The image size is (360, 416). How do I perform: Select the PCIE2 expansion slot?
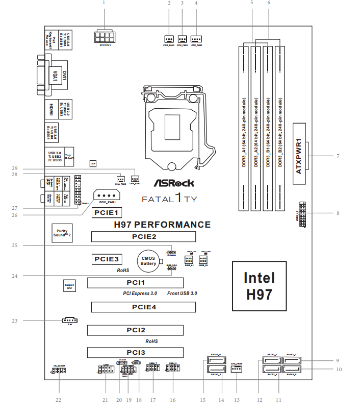click(x=143, y=236)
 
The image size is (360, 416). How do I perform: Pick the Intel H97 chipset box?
click(x=259, y=286)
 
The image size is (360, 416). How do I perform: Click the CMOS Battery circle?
click(x=148, y=260)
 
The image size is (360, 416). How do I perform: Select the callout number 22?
click(x=58, y=400)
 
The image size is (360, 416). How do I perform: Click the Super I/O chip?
click(x=70, y=285)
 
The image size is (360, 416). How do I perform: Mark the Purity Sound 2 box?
click(x=62, y=233)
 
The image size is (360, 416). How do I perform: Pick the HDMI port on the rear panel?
click(x=51, y=109)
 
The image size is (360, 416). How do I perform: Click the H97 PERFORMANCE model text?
click(x=162, y=224)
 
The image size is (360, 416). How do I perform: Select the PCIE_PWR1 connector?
click(x=106, y=196)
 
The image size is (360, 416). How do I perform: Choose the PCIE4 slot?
click(x=143, y=307)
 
